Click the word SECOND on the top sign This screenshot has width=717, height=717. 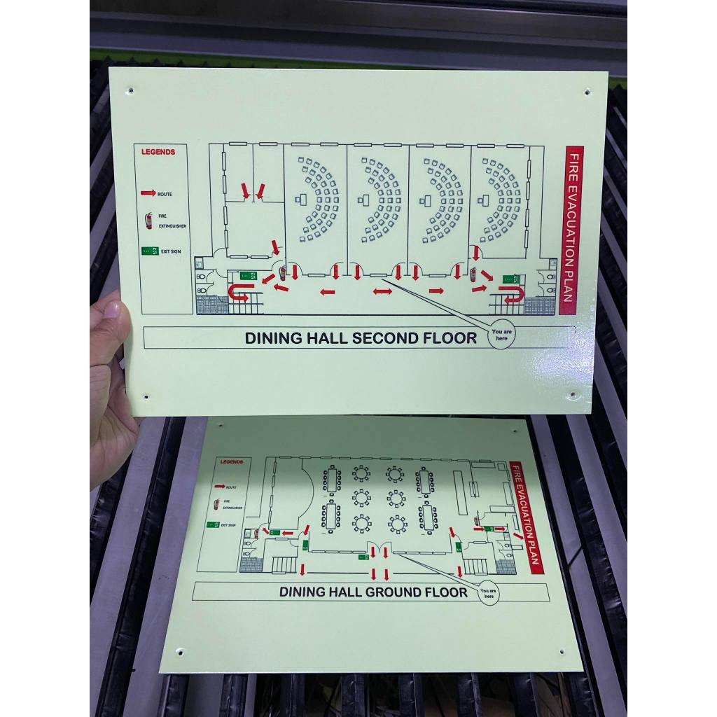tap(385, 338)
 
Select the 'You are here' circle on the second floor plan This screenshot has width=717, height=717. tap(501, 334)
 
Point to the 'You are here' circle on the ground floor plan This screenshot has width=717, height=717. tap(488, 592)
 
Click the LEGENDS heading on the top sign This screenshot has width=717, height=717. tap(159, 151)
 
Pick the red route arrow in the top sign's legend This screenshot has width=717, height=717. tap(148, 193)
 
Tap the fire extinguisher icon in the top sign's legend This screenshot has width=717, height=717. tap(148, 221)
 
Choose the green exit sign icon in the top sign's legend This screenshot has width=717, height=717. tap(149, 251)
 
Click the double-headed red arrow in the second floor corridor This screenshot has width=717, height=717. tap(382, 291)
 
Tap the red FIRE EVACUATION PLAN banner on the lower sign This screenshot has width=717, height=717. tap(527, 517)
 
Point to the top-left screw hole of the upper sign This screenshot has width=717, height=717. tap(130, 90)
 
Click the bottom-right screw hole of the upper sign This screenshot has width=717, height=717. tap(573, 395)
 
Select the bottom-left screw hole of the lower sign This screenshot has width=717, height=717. tap(179, 652)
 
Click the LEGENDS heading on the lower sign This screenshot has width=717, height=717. tap(231, 462)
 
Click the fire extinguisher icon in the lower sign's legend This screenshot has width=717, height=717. tap(217, 503)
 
